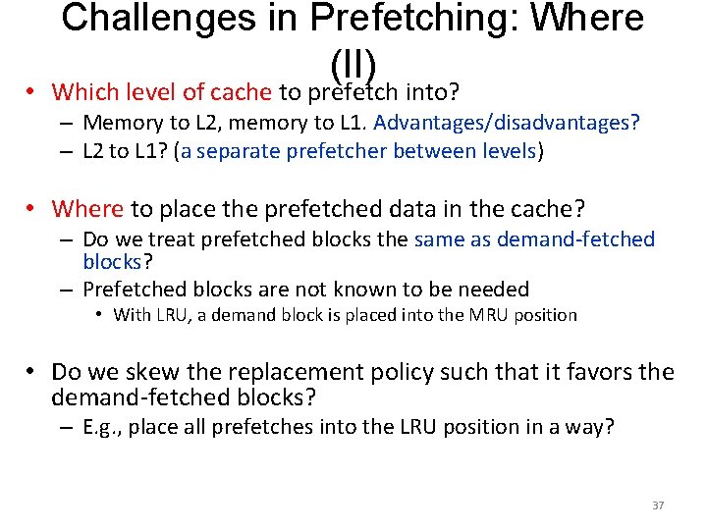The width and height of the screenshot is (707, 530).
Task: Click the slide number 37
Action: (658, 505)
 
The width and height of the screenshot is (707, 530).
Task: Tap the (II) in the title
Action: (353, 64)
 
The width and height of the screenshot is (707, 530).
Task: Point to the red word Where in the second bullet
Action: (88, 208)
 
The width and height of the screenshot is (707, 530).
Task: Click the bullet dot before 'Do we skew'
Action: (31, 372)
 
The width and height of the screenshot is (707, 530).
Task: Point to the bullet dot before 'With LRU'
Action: (100, 315)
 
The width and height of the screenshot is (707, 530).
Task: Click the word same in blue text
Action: (440, 238)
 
